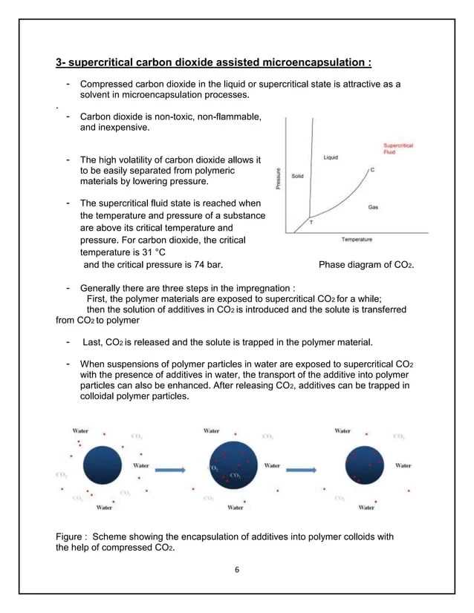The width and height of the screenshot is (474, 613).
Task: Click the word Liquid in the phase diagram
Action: click(x=332, y=157)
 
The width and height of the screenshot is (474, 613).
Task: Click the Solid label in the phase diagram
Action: click(x=296, y=176)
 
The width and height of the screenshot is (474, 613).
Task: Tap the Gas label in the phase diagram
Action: click(x=373, y=207)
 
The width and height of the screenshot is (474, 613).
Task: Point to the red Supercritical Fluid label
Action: click(x=398, y=148)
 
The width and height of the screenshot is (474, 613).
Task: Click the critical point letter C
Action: click(x=372, y=170)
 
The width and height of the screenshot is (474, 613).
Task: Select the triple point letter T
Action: click(x=311, y=223)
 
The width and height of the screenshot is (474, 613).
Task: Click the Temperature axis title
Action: click(x=357, y=239)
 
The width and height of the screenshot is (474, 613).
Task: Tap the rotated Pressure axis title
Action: click(x=279, y=177)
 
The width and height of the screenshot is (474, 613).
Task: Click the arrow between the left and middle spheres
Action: click(x=169, y=469)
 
